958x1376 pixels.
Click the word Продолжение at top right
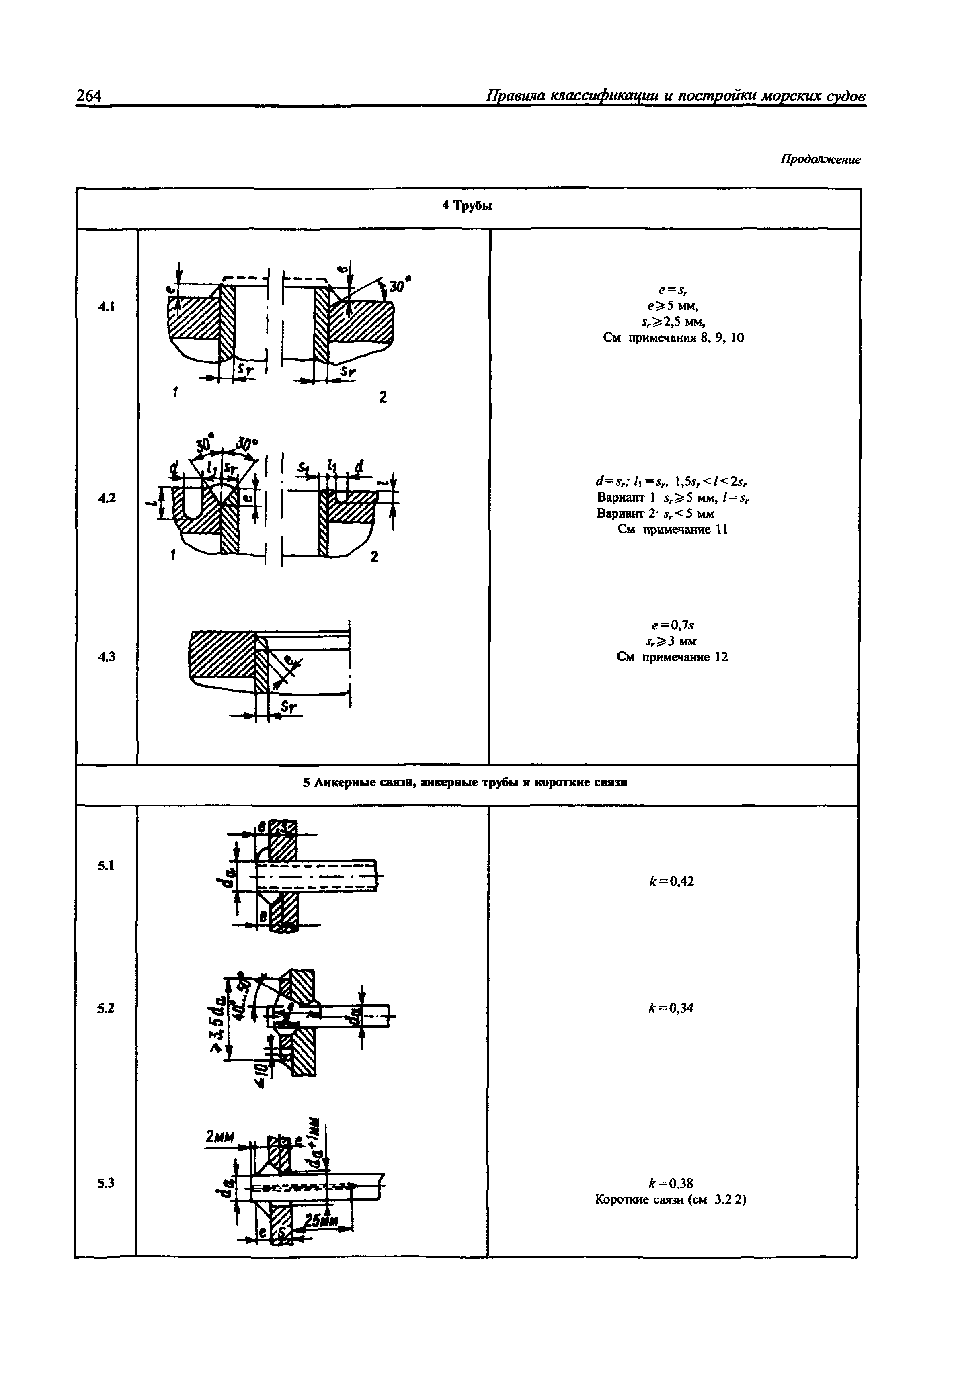pos(820,160)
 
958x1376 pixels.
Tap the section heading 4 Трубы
pos(467,206)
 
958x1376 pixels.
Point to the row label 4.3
pos(106,657)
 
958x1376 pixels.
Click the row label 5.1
pos(106,865)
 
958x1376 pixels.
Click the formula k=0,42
pos(671,881)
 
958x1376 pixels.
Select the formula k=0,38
pos(671,1183)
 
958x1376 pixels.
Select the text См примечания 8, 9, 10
pos(673,338)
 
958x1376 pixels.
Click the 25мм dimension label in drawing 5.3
pos(322,1220)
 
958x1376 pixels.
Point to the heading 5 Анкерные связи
pos(465,783)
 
